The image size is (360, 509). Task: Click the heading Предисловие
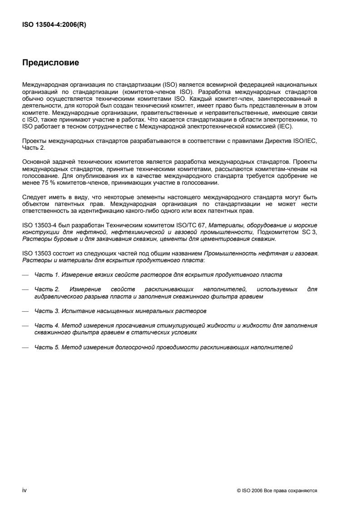click(51, 63)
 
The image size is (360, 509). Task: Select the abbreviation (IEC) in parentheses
click(286, 127)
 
